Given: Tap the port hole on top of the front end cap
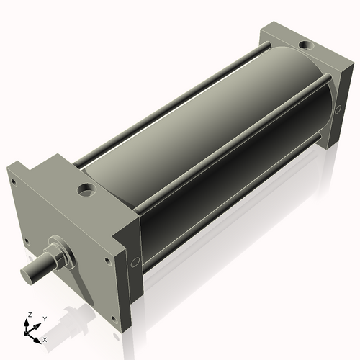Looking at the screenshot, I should pos(87,192).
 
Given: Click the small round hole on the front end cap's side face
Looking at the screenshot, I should pos(134,261).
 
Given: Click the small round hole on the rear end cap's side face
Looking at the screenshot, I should pos(338,109).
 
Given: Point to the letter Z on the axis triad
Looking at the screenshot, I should pos(30,315).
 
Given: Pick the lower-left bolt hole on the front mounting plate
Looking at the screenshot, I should pos(26,241).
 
